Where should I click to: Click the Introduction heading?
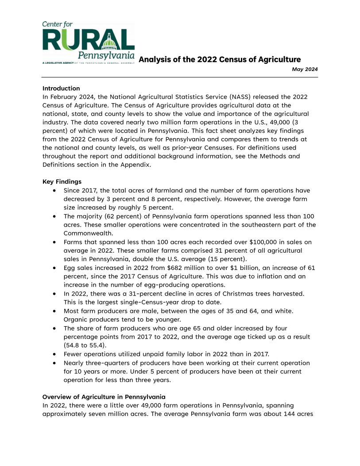61,88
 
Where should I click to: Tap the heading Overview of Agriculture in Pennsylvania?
104,397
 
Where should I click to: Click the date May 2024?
305,69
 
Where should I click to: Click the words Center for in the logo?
58,24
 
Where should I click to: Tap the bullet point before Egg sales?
54,268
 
